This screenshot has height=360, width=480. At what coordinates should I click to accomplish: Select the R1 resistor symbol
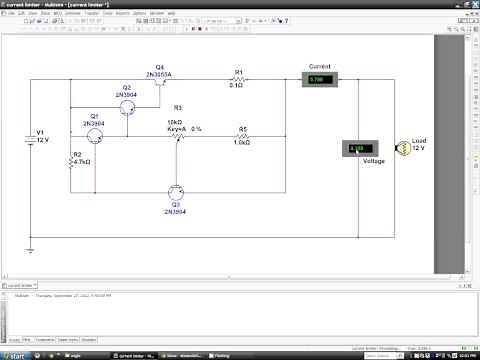pyautogui.click(x=238, y=80)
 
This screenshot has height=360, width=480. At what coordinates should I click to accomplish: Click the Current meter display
pyautogui.click(x=320, y=79)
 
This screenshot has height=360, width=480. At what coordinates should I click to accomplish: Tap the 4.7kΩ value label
pyautogui.click(x=82, y=161)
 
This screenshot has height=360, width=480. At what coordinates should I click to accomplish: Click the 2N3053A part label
pyautogui.click(x=161, y=74)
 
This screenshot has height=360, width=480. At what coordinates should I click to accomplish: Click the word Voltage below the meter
pyautogui.click(x=373, y=160)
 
